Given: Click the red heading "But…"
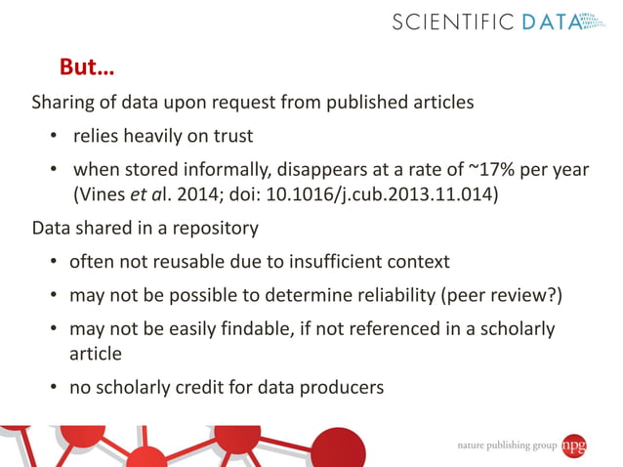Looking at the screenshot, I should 87,70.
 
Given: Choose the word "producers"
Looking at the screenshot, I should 338,387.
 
